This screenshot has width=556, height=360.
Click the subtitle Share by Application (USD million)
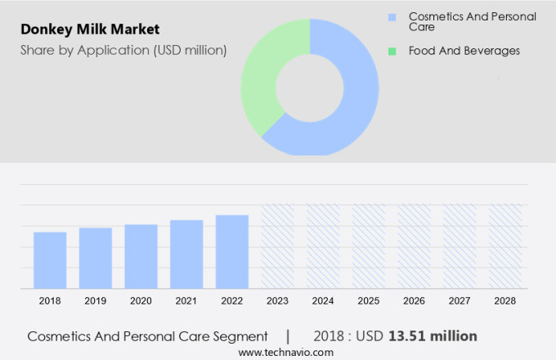pos(123,50)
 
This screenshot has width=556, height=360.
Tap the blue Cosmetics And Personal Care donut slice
pos(352,98)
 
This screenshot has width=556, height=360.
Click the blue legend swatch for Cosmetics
pos(392,16)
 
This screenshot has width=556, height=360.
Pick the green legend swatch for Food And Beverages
pos(392,51)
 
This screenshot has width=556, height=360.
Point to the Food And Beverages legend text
pos(464,51)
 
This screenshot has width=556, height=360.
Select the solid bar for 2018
pos(50,259)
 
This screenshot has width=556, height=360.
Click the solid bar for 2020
pos(141,255)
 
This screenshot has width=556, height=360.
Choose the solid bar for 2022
pos(232,250)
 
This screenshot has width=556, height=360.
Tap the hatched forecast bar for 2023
pos(277,245)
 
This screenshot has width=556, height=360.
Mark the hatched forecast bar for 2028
pos(504,245)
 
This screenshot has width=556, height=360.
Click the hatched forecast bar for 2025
pos(368,245)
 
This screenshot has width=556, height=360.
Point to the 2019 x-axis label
pos(96,301)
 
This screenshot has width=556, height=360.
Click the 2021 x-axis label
pos(186,301)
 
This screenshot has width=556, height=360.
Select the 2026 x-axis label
pos(414,301)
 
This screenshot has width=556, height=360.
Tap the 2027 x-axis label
pos(460,301)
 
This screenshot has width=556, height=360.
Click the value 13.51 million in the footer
pos(433,336)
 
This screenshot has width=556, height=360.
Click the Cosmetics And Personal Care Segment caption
pos(147,336)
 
